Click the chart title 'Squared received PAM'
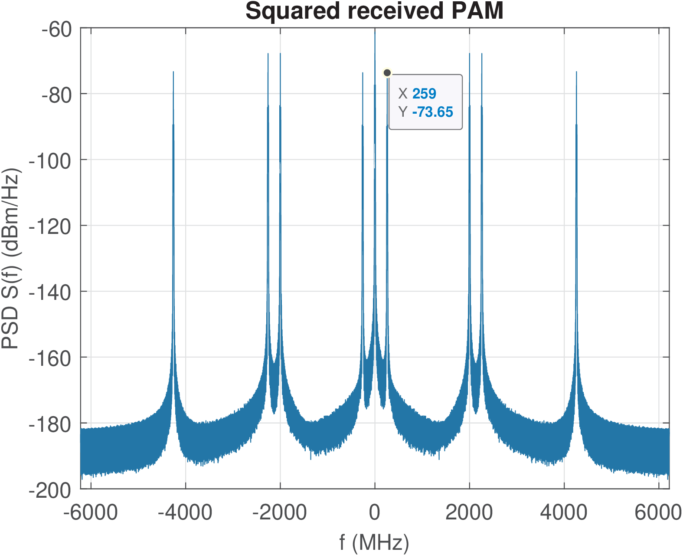click(x=374, y=11)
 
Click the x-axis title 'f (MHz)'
click(x=374, y=542)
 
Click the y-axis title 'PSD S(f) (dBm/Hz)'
click(x=11, y=259)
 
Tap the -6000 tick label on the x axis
click(x=91, y=512)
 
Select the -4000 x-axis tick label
click(x=185, y=512)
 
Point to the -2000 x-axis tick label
click(x=280, y=512)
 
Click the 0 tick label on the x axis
click(x=375, y=512)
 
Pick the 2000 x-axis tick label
click(x=469, y=512)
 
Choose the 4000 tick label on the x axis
click(x=564, y=512)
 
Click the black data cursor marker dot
click(x=387, y=73)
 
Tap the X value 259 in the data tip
click(x=424, y=94)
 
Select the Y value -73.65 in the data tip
click(x=432, y=112)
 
